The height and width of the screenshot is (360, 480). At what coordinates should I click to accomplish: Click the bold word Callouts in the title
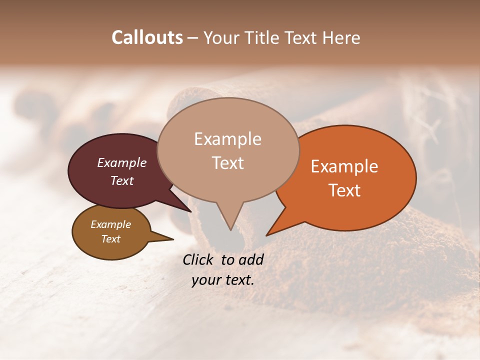click(147, 37)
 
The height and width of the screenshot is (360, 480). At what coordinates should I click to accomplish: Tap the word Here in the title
click(340, 37)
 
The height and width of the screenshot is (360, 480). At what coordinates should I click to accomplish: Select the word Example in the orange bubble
click(344, 166)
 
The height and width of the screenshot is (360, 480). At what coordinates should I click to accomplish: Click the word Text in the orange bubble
click(344, 190)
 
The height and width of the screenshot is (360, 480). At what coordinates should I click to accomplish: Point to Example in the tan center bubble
click(227, 139)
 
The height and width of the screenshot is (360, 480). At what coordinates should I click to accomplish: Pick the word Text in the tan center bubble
click(227, 163)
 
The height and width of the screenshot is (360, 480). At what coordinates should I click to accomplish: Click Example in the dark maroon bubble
click(121, 162)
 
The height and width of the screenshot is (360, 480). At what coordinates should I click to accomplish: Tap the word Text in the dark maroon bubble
click(121, 180)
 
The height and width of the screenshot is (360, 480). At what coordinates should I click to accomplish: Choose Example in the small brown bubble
click(110, 224)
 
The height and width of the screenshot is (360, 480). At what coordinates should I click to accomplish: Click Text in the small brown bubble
click(110, 239)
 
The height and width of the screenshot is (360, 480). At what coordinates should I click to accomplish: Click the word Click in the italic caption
click(198, 259)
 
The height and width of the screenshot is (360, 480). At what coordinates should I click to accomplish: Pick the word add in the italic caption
click(250, 259)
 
